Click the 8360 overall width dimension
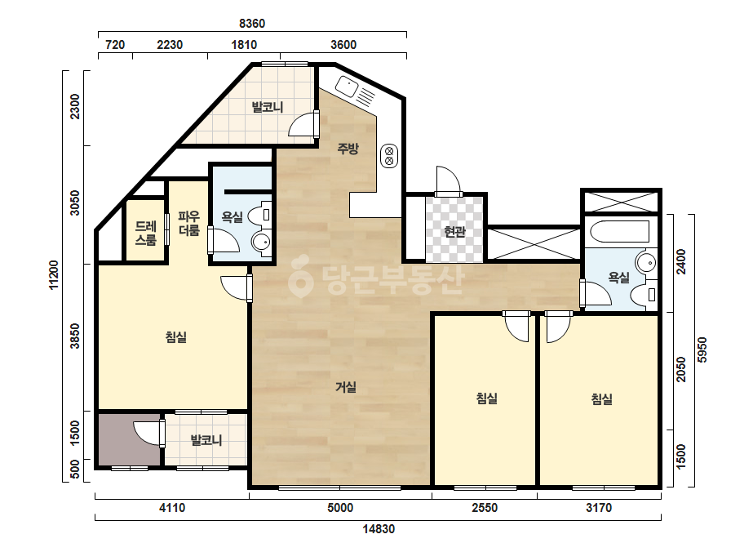pos(252,24)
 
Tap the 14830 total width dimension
pos(379,529)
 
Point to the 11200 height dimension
pos(54,275)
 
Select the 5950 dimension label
pos(702,350)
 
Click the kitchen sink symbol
pos(346,87)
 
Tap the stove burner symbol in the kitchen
pos(389,156)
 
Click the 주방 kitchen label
pos(348,149)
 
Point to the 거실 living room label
pos(346,386)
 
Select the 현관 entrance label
pos(454,232)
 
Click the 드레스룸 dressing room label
pos(145,234)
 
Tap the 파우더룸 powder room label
pos(188,224)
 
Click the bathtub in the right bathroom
pos(619,232)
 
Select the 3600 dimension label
pos(343,45)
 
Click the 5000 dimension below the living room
pos(340,508)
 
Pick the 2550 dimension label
pos(485,508)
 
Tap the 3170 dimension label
pos(599,508)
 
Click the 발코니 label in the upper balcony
pos(268,107)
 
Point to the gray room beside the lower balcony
pos(130,440)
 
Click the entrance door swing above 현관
pos(449,180)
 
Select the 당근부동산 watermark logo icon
pos(300,276)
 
